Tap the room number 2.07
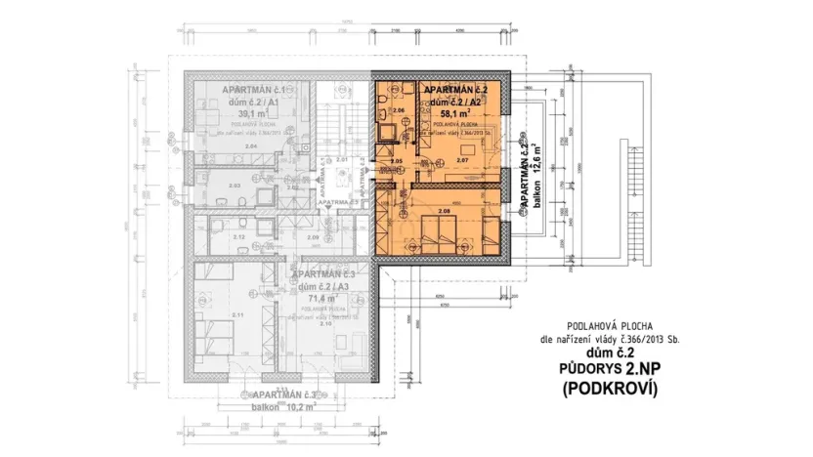(463, 159)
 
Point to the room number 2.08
(444, 212)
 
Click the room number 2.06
(398, 111)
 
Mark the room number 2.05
(397, 159)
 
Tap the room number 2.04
(224, 146)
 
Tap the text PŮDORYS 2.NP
(608, 370)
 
